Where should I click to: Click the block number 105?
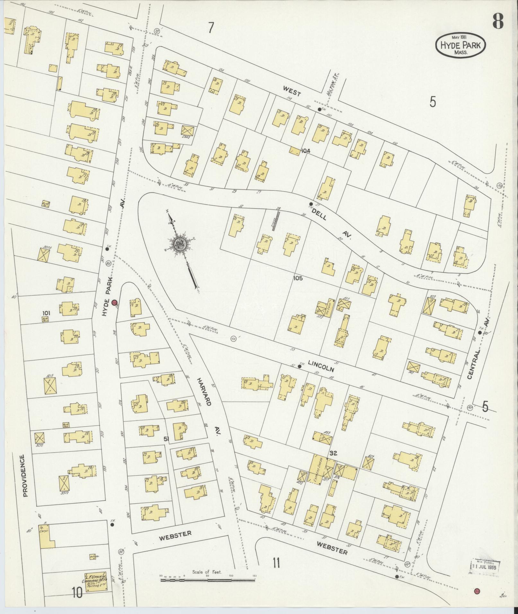coord(298,278)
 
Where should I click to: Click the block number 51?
coord(166,438)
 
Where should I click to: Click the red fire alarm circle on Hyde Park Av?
coord(114,302)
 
